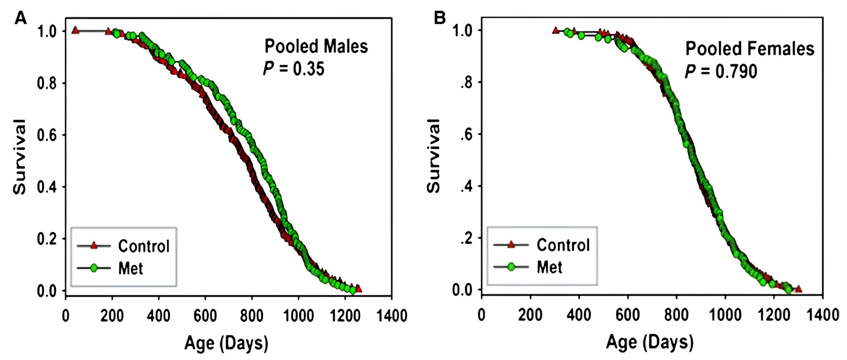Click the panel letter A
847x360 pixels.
[20, 18]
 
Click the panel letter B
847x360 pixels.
[440, 18]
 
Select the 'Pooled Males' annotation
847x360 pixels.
[316, 47]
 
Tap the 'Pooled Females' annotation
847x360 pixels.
[750, 49]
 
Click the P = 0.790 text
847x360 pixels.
[721, 71]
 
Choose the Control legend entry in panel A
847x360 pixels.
[123, 246]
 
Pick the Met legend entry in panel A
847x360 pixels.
[111, 268]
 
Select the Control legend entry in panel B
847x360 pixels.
[542, 245]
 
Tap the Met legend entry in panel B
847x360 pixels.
[528, 267]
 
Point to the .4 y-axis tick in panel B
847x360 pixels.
[467, 186]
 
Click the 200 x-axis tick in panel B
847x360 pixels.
[530, 315]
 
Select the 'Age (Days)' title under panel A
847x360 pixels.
[226, 343]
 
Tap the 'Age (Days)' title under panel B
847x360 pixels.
[650, 343]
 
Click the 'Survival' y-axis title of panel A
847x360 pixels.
[19, 157]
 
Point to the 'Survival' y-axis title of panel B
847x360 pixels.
[433, 155]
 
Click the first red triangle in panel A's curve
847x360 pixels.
[75, 30]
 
